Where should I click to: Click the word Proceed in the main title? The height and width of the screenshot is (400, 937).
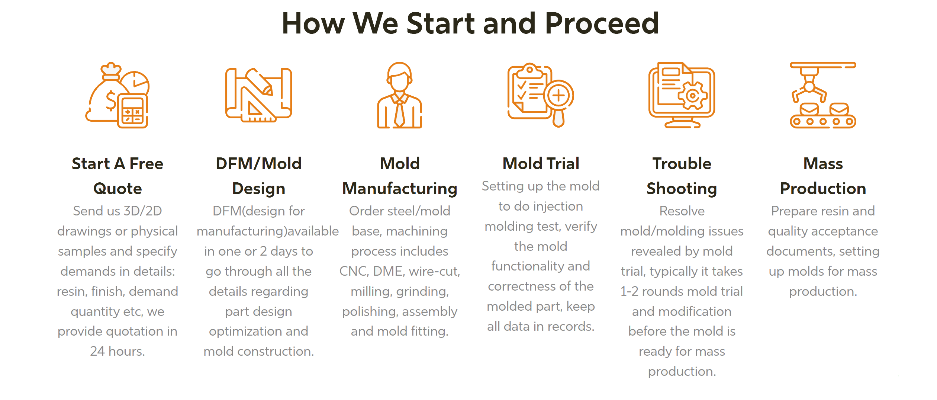[x=602, y=23]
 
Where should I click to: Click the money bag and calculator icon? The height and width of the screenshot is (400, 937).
[x=117, y=96]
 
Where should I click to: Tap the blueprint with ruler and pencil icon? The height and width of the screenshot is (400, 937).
[x=258, y=96]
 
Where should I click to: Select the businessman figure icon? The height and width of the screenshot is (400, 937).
[x=400, y=96]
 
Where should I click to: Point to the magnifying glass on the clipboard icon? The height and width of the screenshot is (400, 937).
[x=558, y=96]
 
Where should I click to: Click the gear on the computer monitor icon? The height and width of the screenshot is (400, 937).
[x=692, y=96]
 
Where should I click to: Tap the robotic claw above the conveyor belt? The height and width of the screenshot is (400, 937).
[x=809, y=87]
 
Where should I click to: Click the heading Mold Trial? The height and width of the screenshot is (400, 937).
[x=541, y=164]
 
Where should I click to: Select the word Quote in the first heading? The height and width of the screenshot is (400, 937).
[x=117, y=189]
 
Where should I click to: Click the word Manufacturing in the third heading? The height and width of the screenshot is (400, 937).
[x=400, y=189]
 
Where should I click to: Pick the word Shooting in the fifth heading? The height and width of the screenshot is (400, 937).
[x=682, y=189]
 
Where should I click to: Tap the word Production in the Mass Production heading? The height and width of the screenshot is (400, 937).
[x=823, y=189]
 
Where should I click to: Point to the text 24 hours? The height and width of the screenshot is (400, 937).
[x=117, y=351]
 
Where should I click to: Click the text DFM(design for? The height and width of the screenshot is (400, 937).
[x=258, y=211]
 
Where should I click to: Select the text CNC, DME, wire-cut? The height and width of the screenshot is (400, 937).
[x=400, y=271]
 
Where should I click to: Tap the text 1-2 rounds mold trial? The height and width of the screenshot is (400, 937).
[x=682, y=291]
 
